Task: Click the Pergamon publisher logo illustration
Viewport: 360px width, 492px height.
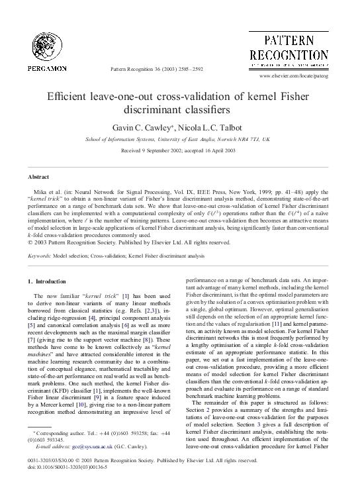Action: [x=47, y=39]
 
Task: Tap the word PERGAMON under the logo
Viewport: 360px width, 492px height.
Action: [x=47, y=68]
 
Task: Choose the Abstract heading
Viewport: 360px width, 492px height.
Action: [x=38, y=177]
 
